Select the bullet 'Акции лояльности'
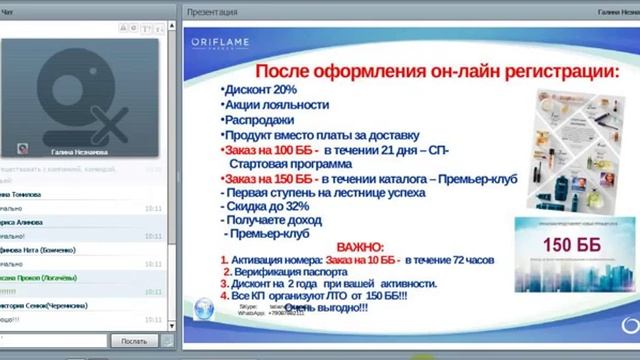(x=275, y=104)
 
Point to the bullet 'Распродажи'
(x=261, y=119)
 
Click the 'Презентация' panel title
(x=213, y=12)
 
